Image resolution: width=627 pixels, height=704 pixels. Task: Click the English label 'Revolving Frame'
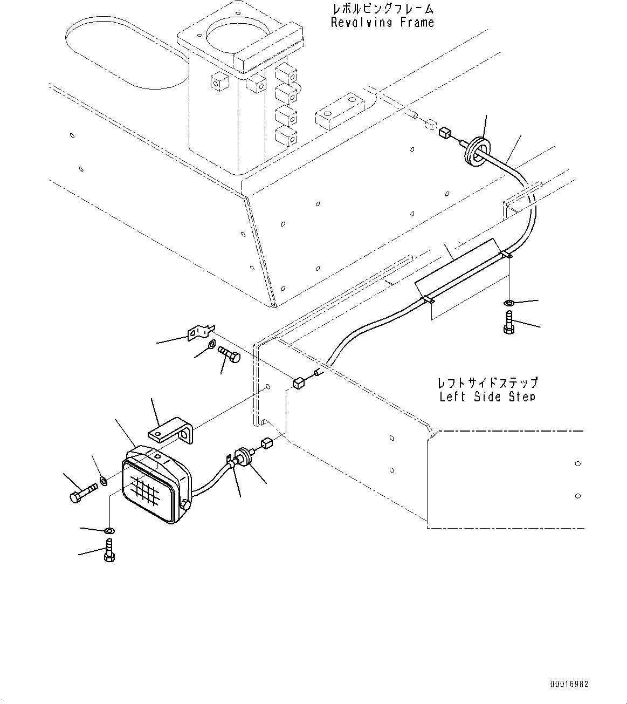pos(382,23)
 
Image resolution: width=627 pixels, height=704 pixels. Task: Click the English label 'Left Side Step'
pos(487,397)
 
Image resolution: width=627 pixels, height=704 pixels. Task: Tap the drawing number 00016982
pos(569,684)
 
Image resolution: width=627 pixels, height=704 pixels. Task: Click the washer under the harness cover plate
pos(508,303)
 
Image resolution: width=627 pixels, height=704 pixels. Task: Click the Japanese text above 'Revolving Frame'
pos(382,9)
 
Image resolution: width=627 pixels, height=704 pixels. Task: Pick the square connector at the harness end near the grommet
pos(445,133)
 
